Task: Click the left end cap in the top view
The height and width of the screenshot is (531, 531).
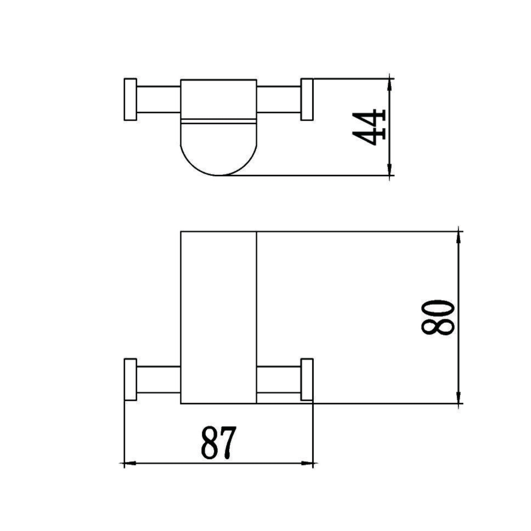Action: (130, 99)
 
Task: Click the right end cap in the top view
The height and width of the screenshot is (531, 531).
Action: (307, 99)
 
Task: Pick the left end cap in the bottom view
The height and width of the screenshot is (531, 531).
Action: (130, 379)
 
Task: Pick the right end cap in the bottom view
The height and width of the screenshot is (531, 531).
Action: (307, 379)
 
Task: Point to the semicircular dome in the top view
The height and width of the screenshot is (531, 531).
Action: (218, 149)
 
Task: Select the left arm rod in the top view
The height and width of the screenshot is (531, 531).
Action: (159, 99)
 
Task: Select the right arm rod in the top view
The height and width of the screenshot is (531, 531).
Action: (279, 99)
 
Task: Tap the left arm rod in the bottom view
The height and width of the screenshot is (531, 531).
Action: (159, 379)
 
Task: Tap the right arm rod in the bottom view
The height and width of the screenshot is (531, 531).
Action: (279, 379)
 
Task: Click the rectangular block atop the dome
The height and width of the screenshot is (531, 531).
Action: (218, 99)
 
